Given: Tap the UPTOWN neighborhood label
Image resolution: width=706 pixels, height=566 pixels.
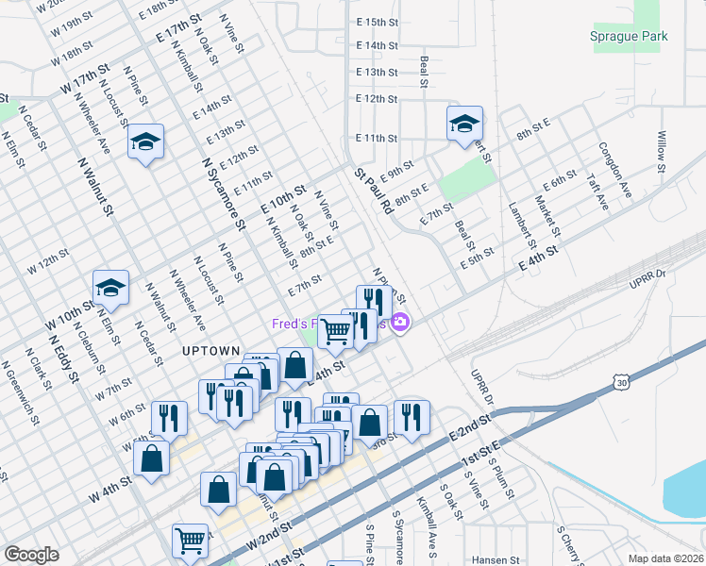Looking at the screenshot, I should pos(210,351).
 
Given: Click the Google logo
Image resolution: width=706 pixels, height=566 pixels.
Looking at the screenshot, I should pos(31,555).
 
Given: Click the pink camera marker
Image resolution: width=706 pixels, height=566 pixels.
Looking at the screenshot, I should pos(400,324).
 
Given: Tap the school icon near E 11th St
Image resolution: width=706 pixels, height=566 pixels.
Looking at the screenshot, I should pos(464,124).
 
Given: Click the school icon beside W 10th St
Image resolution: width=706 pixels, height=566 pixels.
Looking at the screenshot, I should pos(110,289).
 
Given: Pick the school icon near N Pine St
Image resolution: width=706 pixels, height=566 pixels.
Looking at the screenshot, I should pos(145,141).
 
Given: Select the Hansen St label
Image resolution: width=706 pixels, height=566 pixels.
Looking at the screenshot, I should pos(496,559).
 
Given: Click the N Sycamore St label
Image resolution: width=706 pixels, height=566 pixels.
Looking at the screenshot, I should pos(224,193).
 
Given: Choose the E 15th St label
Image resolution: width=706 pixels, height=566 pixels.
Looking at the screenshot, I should pos(377,22).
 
